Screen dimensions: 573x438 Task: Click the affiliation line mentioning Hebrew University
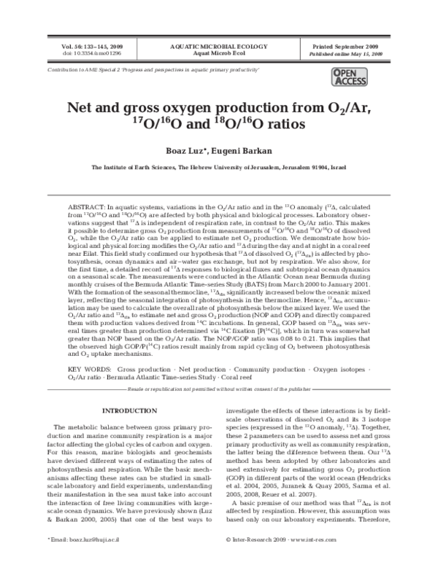point(219,167)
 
